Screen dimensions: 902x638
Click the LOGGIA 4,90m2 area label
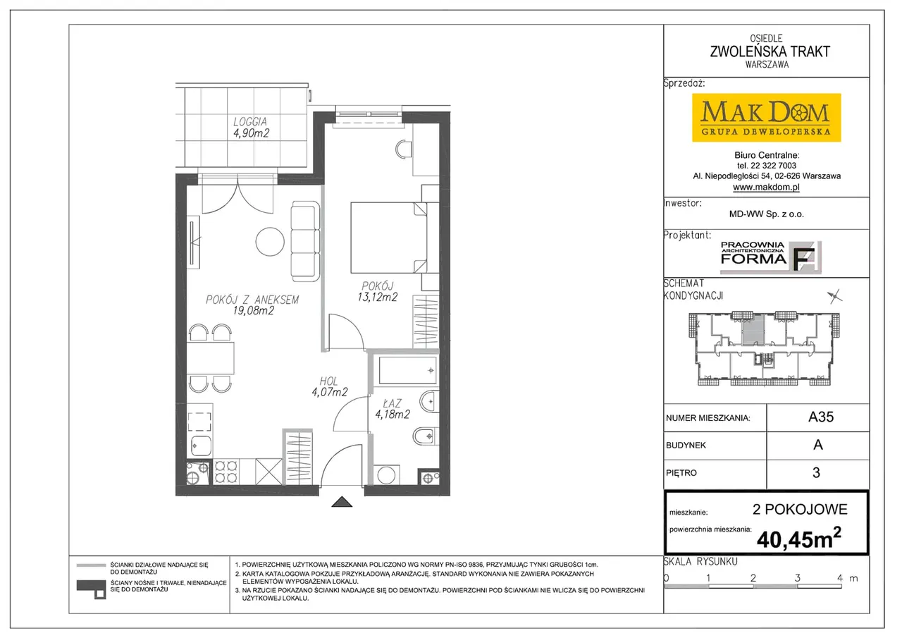[251, 128]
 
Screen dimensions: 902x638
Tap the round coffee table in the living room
[270, 242]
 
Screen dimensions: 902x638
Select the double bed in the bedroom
[388, 238]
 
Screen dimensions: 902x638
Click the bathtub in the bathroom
[408, 370]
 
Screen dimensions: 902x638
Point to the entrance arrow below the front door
[342, 501]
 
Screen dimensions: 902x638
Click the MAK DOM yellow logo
[766, 118]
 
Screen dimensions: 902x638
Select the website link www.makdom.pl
[766, 187]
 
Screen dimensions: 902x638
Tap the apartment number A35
[821, 417]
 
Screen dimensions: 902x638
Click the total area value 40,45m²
[799, 538]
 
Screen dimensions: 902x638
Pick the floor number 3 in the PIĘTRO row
[816, 472]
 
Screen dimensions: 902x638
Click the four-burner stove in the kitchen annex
[226, 472]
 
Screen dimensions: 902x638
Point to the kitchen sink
[200, 446]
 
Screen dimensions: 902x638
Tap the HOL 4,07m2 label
[329, 386]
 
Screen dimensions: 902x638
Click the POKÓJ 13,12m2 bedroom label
[377, 292]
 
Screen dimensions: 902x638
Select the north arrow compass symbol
[835, 297]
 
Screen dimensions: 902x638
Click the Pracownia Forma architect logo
[770, 257]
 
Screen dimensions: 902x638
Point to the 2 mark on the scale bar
[753, 578]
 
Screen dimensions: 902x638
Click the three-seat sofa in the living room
[305, 241]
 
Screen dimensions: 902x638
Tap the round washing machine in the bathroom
[386, 475]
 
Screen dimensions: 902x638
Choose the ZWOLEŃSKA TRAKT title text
[770, 51]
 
